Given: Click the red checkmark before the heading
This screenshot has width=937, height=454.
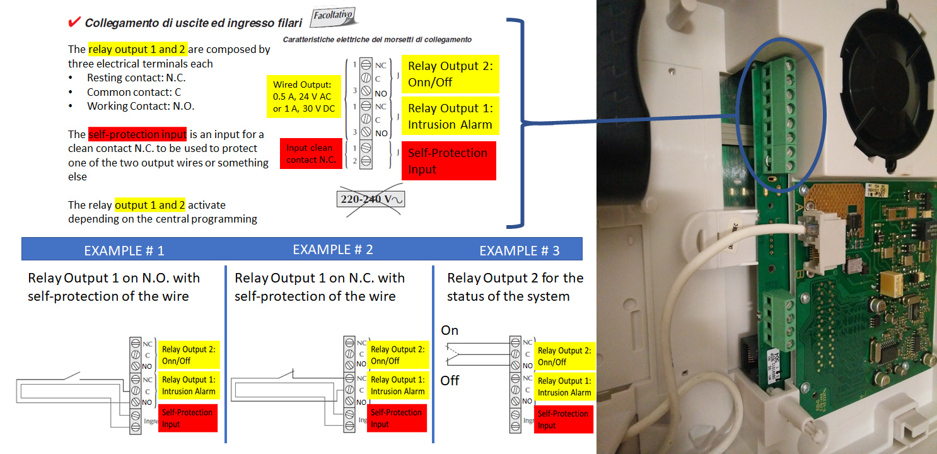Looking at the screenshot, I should coord(73,22).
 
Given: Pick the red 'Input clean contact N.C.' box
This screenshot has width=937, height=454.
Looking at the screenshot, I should coord(309,154).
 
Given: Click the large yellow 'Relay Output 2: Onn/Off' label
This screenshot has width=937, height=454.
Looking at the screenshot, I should coord(450,74).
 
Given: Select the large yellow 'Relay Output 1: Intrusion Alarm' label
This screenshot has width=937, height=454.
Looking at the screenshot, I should coord(450,116).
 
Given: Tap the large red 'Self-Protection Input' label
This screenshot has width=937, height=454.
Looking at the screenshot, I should coord(448,161).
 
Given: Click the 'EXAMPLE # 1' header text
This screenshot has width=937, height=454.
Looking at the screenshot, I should coord(124,250).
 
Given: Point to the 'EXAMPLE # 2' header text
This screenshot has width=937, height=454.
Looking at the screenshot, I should coord(332,250).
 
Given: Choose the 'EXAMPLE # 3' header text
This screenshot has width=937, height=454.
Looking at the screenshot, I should coord(519,250).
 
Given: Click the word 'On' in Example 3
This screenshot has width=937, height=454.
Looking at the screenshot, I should coord(450,330).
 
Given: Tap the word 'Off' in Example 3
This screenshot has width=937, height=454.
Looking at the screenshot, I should coord(450,381).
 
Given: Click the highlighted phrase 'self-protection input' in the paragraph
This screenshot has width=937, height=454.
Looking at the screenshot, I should coord(137,134).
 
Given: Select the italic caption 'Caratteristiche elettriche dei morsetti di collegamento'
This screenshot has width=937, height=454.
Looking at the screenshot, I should coord(377,40).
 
